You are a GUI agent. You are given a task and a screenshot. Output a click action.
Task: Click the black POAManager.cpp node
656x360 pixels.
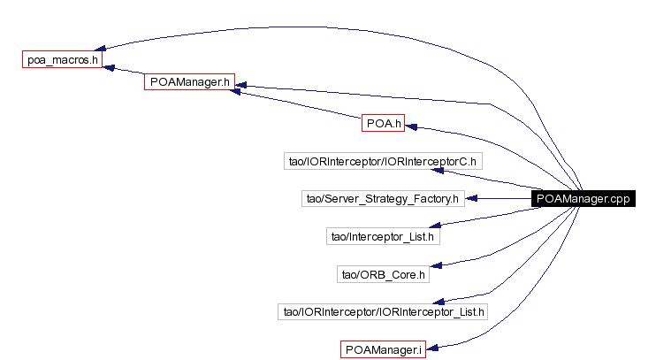pyautogui.click(x=584, y=199)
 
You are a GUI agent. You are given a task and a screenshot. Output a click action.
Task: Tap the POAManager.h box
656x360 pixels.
pyautogui.click(x=188, y=81)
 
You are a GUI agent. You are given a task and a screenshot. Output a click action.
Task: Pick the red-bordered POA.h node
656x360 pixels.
pyautogui.click(x=383, y=123)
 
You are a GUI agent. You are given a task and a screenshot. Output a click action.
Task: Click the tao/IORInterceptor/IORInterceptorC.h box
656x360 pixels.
pyautogui.click(x=382, y=161)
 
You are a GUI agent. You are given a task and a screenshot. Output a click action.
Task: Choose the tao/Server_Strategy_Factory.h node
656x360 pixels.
pyautogui.click(x=382, y=199)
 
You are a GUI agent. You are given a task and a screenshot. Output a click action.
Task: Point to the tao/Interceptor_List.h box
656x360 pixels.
pyautogui.click(x=382, y=236)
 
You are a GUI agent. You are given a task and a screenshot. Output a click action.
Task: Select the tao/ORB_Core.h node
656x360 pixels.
pyautogui.click(x=382, y=274)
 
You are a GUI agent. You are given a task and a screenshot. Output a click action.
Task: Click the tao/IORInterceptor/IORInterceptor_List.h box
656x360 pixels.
pyautogui.click(x=382, y=311)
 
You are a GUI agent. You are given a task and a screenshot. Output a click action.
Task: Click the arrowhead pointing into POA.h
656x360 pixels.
pyautogui.click(x=411, y=126)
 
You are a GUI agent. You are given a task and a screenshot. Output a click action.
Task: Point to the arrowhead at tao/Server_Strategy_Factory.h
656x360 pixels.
pyautogui.click(x=471, y=199)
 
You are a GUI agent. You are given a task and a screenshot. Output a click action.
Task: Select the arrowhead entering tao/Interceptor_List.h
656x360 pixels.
pyautogui.click(x=446, y=235)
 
